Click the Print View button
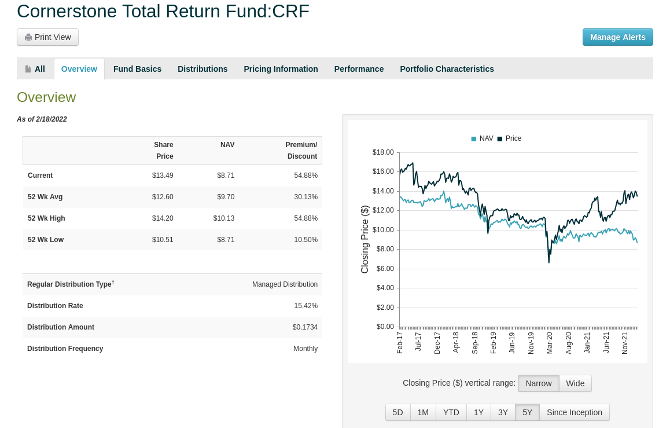47,37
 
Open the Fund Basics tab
137,69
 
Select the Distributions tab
203,69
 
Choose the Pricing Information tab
281,69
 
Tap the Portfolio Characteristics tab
447,69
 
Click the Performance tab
359,69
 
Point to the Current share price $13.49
163,175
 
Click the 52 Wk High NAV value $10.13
223,218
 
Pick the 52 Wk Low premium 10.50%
305,240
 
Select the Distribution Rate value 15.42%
305,306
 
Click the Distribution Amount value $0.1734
305,327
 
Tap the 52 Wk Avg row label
45,197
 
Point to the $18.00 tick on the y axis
383,152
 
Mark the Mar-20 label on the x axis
550,342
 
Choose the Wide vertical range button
575,383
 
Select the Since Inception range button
574,412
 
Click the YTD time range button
451,412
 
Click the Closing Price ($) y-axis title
365,239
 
